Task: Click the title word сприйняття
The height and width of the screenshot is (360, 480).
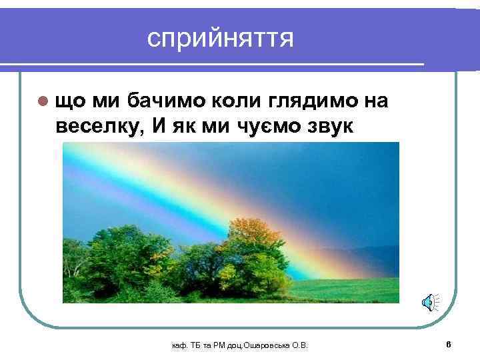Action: point(221,39)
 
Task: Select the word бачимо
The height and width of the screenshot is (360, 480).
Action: point(167,100)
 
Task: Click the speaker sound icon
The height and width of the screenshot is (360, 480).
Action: point(428,304)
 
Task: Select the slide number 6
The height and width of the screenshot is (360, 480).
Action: point(449,343)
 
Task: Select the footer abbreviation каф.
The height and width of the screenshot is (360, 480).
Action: point(178,345)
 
